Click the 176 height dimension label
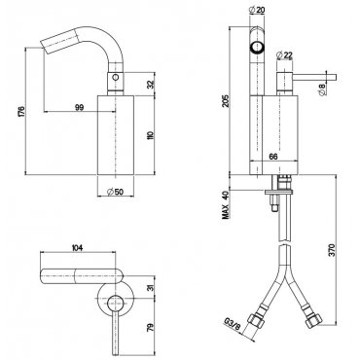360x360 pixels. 21,111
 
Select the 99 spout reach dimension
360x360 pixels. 80,107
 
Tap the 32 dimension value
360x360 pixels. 151,85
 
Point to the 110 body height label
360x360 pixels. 151,135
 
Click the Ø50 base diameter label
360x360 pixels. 115,192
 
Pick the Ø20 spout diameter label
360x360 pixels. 257,10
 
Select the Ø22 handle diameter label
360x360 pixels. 284,55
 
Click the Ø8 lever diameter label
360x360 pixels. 322,90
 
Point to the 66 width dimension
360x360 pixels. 273,157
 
